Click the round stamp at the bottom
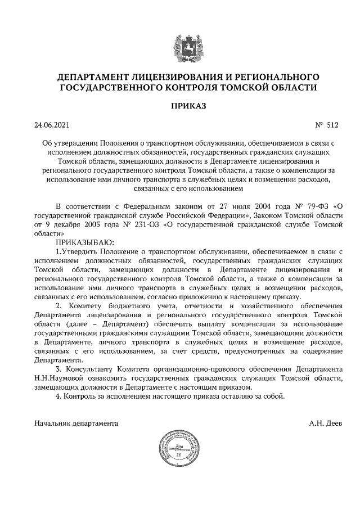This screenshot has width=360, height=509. coord(179,450)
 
